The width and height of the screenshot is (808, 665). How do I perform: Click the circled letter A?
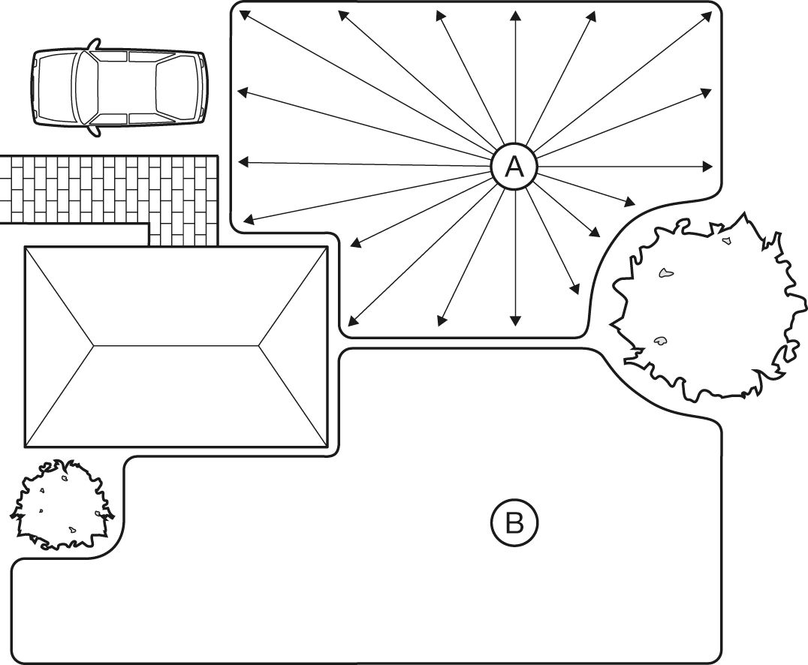tap(514, 167)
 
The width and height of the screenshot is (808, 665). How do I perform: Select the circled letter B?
tap(514, 522)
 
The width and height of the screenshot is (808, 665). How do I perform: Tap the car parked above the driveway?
tap(120, 87)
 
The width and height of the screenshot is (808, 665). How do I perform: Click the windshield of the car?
tap(87, 87)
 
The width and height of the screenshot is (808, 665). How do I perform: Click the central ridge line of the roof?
tap(176, 345)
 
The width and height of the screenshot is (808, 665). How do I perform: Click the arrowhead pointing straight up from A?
tap(514, 16)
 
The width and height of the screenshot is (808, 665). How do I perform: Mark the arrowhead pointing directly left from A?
tap(243, 161)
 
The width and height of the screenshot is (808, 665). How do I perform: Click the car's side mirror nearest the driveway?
tap(93, 132)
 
